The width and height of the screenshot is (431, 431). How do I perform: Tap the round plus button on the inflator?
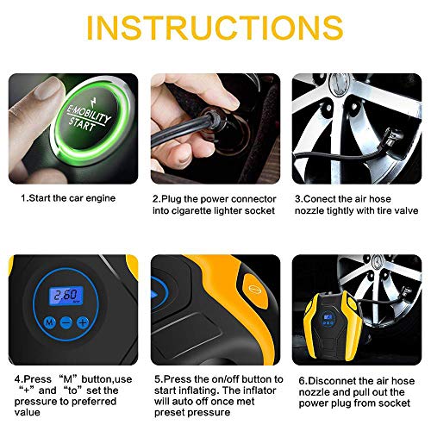pos(82,322)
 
